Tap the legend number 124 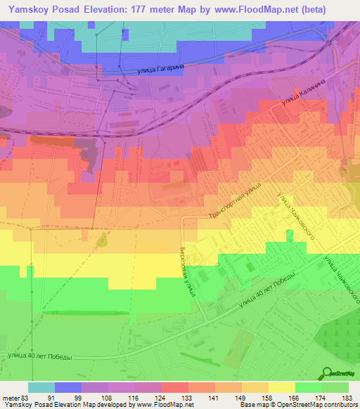click(x=161, y=398)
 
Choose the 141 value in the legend click(x=214, y=398)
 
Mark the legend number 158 click(x=267, y=398)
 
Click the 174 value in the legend click(x=321, y=398)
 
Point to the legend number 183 click(x=347, y=398)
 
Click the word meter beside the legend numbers click(x=10, y=398)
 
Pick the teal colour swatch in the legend click(x=41, y=387)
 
